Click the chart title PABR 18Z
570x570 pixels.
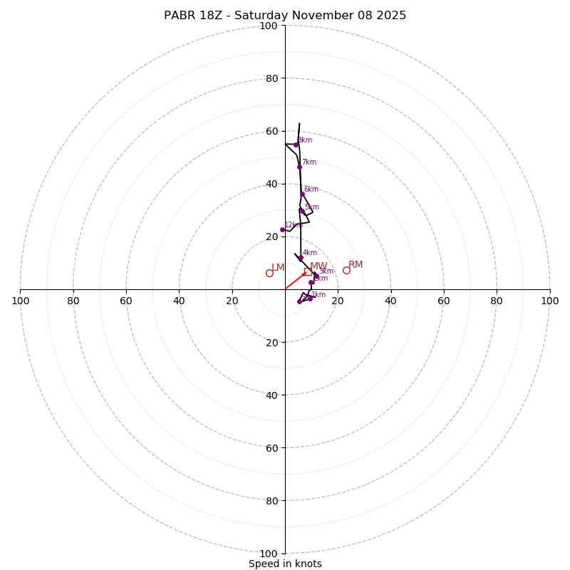click(x=285, y=16)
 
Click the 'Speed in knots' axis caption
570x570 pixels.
click(x=285, y=564)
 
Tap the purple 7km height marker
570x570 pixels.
click(x=299, y=167)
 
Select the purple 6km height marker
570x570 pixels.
click(x=302, y=194)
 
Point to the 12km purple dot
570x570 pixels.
click(x=282, y=229)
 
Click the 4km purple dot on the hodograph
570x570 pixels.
click(x=301, y=258)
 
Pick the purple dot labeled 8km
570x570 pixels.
click(x=296, y=145)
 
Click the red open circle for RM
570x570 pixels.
click(x=346, y=270)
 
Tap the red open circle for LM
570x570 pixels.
click(x=269, y=273)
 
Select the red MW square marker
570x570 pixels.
click(x=308, y=271)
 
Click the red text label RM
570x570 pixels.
click(x=356, y=265)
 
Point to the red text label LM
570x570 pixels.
click(x=278, y=268)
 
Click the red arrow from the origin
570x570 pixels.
click(x=295, y=281)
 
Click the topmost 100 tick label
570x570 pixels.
click(x=269, y=26)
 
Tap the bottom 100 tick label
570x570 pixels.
click(x=269, y=554)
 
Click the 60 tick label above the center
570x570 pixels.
click(x=271, y=131)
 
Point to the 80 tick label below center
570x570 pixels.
click(x=271, y=501)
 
